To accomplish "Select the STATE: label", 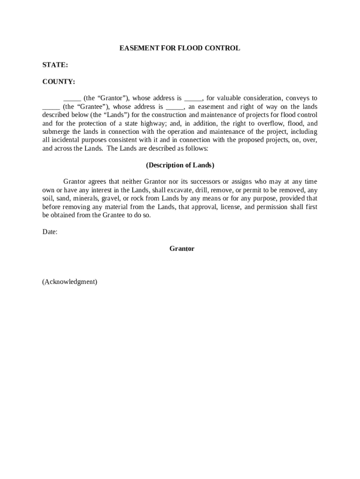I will point(55,65).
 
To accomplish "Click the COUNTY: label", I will point(58,82).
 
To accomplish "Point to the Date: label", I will point(50,232).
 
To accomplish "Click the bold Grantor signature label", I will point(182,249).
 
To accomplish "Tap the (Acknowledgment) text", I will point(70,282).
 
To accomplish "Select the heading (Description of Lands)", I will point(180,165).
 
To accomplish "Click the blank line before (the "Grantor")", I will point(72,99).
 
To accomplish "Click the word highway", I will point(153,123).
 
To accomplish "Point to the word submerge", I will point(56,132).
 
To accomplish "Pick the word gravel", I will point(110,198).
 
